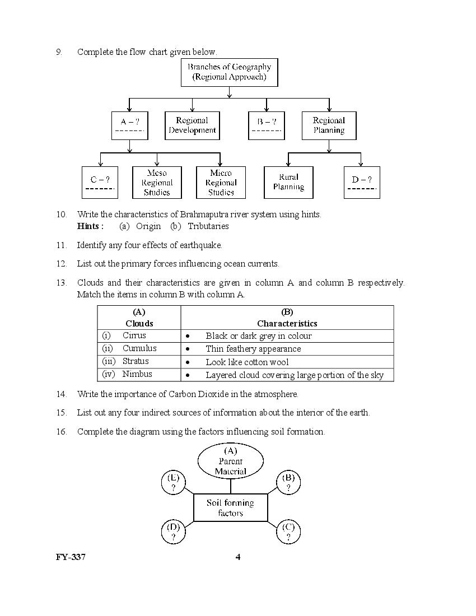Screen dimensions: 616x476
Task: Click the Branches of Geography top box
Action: click(x=229, y=72)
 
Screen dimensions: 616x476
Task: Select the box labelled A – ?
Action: click(x=130, y=125)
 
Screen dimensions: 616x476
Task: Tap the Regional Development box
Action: click(x=192, y=125)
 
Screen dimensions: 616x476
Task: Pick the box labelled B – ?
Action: click(x=267, y=125)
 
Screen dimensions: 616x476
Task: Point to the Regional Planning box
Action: click(x=329, y=125)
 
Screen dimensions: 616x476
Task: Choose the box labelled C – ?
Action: click(x=100, y=183)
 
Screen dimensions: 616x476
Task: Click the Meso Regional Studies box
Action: click(x=157, y=183)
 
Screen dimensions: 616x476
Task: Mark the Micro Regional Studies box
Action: click(x=221, y=183)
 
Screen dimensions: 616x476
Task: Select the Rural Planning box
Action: click(x=288, y=183)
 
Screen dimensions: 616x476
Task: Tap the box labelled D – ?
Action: click(x=362, y=183)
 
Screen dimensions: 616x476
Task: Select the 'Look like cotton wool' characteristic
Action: click(x=247, y=362)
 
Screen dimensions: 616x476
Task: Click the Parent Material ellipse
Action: click(x=230, y=461)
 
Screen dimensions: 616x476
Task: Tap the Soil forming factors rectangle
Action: click(x=230, y=508)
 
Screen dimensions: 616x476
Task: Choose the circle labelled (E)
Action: click(x=174, y=483)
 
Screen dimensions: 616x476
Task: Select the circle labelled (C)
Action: click(x=288, y=531)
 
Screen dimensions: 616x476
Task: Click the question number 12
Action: click(x=61, y=264)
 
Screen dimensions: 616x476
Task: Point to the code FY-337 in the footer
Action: click(x=71, y=557)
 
